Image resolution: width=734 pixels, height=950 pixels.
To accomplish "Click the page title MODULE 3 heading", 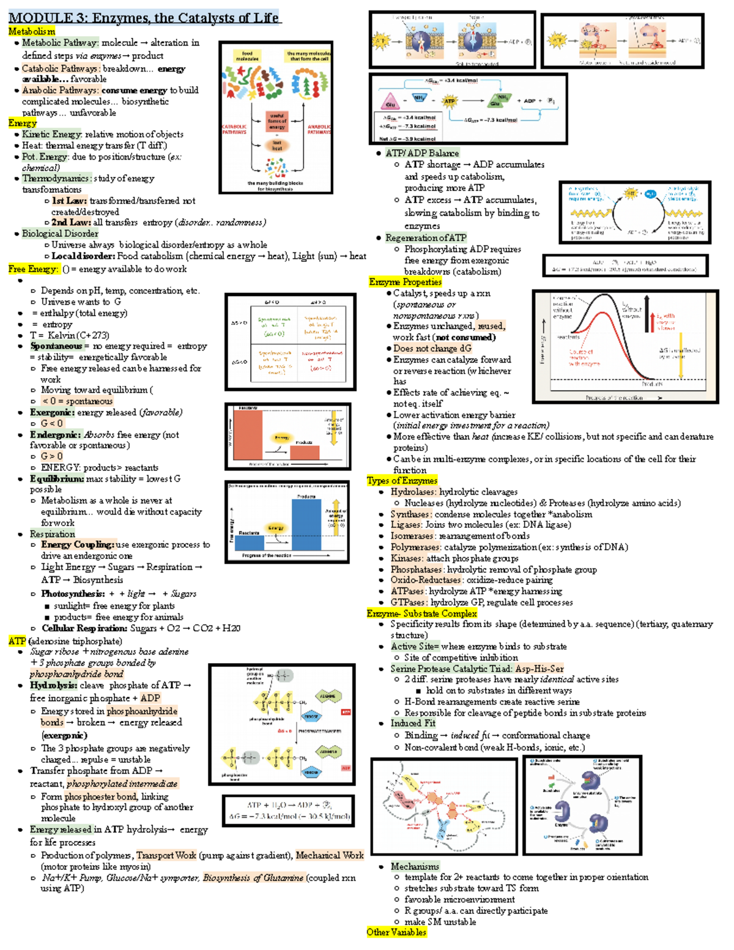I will tap(144, 17).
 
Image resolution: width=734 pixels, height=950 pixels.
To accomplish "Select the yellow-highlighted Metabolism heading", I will tap(32, 31).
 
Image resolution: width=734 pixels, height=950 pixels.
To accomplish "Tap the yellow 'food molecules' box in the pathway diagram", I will tap(247, 56).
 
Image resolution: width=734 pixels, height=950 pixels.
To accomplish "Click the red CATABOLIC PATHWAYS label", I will tap(234, 129).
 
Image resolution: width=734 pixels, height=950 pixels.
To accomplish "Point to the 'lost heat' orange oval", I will tap(277, 146).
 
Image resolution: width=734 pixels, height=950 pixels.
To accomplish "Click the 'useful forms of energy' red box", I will tap(277, 121).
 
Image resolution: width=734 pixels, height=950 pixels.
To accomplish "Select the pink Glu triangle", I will tap(390, 103).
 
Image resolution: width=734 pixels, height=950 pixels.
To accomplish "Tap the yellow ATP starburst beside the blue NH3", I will tap(450, 101).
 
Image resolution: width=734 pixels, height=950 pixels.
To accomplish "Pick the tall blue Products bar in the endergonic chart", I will tap(306, 525).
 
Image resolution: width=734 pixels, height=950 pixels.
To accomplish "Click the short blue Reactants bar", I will tap(250, 542).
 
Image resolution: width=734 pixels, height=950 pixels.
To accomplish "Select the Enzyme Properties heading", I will tap(405, 282).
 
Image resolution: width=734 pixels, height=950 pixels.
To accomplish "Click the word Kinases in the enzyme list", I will tap(406, 558).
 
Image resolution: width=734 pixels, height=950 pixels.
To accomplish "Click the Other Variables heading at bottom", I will tap(396, 932).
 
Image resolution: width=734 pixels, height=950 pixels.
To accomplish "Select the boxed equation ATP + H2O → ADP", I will tap(289, 811).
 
